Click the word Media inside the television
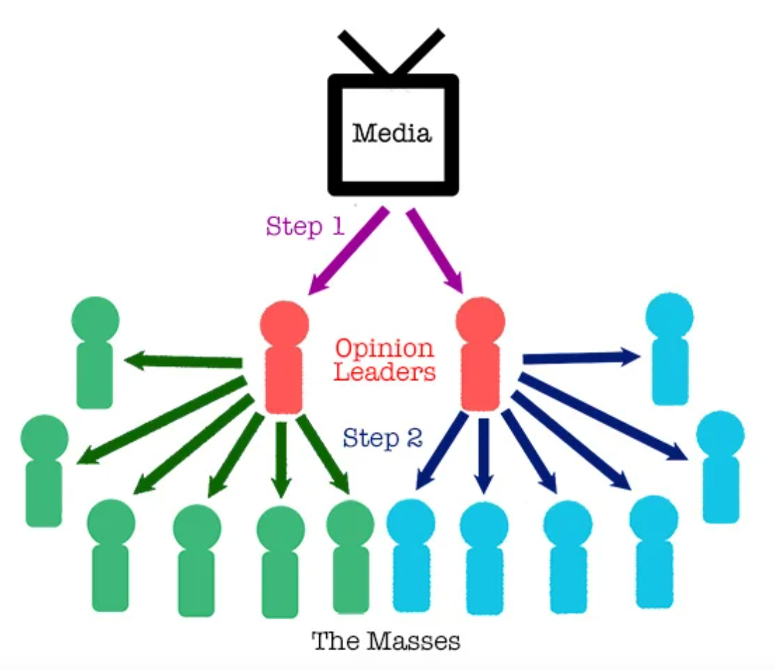[392, 132]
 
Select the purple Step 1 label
[304, 227]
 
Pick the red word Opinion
[384, 348]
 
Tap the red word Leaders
[385, 372]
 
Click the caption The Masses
[386, 641]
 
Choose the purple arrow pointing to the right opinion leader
[435, 250]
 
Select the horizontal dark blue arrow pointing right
[581, 358]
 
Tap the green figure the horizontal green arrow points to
[95, 352]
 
